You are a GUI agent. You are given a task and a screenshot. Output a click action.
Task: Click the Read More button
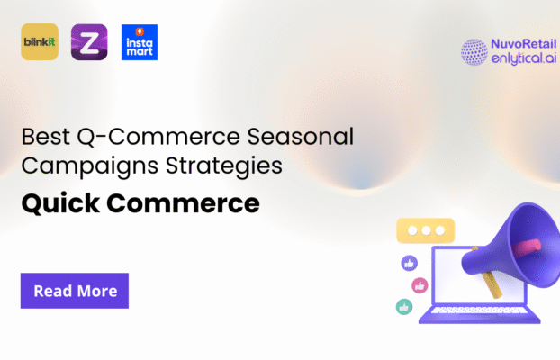coord(75,291)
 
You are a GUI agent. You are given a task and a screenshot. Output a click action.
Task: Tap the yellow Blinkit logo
coord(39,42)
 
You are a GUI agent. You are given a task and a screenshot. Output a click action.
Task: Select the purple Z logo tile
coord(89,42)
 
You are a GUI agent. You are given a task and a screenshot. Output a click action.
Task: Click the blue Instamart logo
coord(139,42)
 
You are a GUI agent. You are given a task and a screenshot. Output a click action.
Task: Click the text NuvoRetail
coord(524,44)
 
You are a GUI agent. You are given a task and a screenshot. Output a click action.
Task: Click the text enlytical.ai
coord(524,60)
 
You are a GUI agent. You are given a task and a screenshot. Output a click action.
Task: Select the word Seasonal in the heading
coord(305,139)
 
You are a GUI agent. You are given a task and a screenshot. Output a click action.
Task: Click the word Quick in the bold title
coord(62,203)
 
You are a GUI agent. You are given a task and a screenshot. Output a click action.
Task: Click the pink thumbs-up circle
coord(419,285)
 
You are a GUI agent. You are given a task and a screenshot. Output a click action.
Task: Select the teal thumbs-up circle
coord(404,307)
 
